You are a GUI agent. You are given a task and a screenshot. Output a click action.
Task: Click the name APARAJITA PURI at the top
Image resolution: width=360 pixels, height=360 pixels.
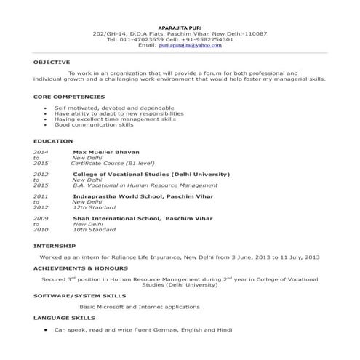point(180,28)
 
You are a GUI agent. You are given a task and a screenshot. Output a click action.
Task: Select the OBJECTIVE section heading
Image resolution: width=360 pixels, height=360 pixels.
point(52,63)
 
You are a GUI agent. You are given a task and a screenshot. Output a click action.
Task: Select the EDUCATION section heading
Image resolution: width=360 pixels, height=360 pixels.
point(53,140)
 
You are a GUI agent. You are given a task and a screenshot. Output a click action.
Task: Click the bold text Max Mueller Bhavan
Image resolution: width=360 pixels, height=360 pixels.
point(106,152)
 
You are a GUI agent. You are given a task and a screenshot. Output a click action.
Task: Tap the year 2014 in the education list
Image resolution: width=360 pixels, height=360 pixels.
point(41,152)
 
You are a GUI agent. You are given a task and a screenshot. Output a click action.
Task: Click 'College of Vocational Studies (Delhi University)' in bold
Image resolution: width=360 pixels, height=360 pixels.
point(151,175)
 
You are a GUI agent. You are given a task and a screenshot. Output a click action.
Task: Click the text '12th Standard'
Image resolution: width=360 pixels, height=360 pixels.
point(95,208)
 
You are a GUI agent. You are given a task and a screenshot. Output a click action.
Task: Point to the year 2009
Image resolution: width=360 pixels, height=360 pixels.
point(41,218)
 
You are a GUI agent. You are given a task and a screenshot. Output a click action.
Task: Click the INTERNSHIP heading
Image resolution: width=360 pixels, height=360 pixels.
point(54,247)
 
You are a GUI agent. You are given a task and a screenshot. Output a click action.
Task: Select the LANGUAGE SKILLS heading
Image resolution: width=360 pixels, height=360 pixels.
point(64,318)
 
